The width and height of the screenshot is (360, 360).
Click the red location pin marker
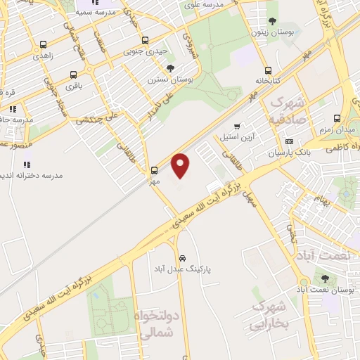pyautogui.click(x=181, y=165)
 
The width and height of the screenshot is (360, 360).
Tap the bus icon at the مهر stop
pyautogui.click(x=154, y=169)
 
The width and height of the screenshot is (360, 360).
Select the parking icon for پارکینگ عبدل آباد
pyautogui.click(x=183, y=257)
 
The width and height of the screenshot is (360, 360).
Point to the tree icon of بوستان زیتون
pyautogui.click(x=273, y=22)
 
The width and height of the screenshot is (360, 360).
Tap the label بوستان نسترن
pyautogui.click(x=166, y=79)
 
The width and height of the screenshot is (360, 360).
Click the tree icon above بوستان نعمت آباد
pyautogui.click(x=325, y=278)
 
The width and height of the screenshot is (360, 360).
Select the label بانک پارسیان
pyautogui.click(x=288, y=153)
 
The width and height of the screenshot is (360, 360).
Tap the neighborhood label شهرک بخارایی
pyautogui.click(x=269, y=316)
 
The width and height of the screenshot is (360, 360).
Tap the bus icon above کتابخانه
pyautogui.click(x=268, y=70)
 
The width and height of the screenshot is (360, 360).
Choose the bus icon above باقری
pyautogui.click(x=73, y=75)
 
